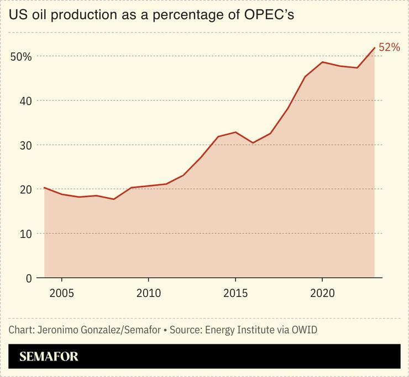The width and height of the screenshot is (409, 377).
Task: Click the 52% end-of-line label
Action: pos(389,48)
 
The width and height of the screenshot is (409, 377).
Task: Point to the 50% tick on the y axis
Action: pos(21,57)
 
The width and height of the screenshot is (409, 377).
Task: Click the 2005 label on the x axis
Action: pos(61,293)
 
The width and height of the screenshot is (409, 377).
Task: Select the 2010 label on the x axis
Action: pos(148,293)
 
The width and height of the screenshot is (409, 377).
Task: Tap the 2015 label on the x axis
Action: pos(235,293)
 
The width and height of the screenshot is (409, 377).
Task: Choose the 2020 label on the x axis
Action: pos(322,293)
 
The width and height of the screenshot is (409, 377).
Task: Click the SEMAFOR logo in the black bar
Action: pos(49,357)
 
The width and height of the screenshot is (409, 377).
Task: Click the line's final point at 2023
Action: pos(375,48)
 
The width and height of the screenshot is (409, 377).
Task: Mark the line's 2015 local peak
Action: pos(235,132)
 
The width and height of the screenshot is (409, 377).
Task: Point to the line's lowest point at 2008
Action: pos(113,199)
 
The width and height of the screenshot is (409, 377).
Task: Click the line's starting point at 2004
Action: pos(44,188)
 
